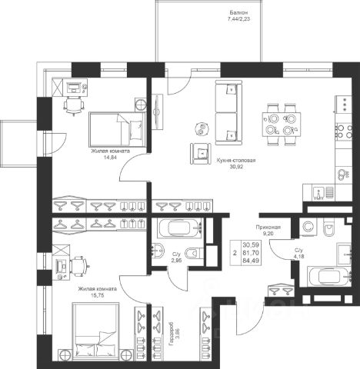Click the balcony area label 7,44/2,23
(238, 18)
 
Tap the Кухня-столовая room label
(236, 161)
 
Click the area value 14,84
(110, 158)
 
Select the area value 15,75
(98, 295)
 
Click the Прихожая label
(268, 227)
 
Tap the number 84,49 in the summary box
(252, 261)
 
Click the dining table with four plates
(282, 125)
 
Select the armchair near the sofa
(201, 154)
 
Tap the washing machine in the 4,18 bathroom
(308, 227)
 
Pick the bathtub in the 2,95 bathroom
(181, 228)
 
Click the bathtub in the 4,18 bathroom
(329, 276)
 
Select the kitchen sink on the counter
(323, 193)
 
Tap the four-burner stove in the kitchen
(344, 131)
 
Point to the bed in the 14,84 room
(118, 129)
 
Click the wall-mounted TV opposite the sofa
(157, 111)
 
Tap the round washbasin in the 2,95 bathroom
(158, 251)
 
